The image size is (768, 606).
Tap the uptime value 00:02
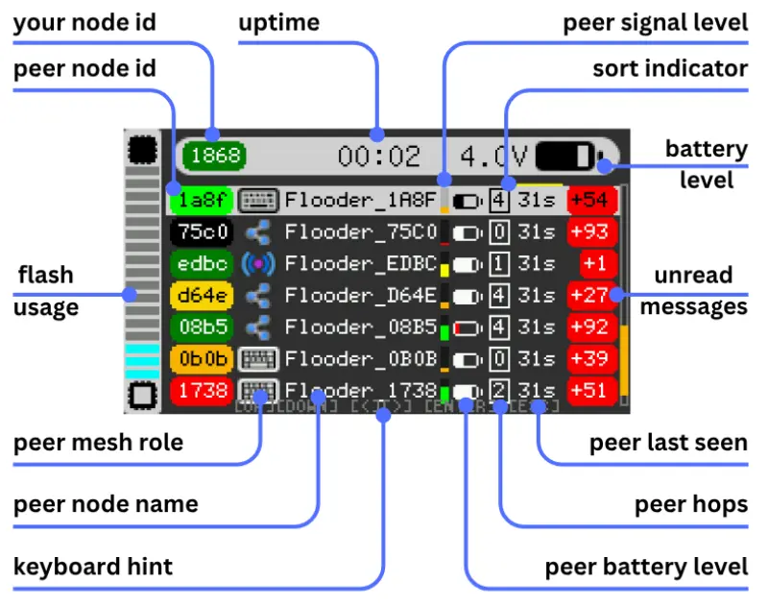[379, 156]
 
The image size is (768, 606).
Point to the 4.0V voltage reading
[492, 156]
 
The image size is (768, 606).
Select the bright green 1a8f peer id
[200, 201]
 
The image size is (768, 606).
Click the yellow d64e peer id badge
[200, 296]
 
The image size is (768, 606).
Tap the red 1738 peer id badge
[200, 391]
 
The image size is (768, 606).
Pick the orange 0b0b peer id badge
[200, 359]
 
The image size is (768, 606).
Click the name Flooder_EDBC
[361, 264]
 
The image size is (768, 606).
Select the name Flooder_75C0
[361, 232]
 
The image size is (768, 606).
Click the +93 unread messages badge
[591, 232]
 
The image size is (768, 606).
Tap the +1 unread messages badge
[591, 264]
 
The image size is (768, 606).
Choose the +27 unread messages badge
[591, 296]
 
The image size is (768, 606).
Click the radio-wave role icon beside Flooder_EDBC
[256, 264]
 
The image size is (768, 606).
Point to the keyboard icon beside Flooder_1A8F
[256, 201]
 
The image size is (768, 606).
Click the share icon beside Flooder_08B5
[256, 327]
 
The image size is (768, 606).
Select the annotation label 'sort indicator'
[669, 68]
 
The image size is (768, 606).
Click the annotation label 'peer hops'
[691, 505]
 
